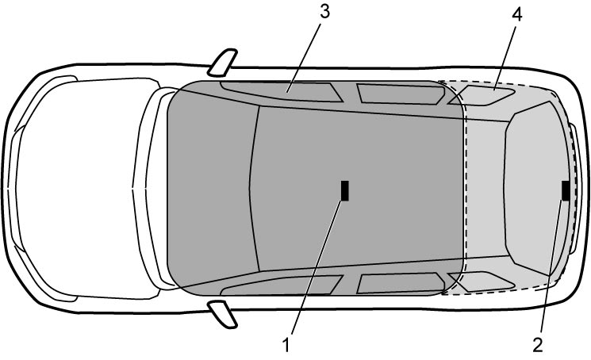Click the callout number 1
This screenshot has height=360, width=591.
pyautogui.click(x=286, y=345)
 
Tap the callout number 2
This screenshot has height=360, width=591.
pyautogui.click(x=538, y=345)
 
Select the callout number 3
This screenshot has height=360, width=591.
pyautogui.click(x=324, y=12)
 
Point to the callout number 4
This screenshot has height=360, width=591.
pyautogui.click(x=516, y=14)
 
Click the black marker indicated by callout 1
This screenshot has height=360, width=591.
pyautogui.click(x=345, y=190)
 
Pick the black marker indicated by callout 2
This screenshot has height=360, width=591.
pyautogui.click(x=566, y=190)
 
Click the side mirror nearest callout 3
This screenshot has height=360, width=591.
pyautogui.click(x=222, y=62)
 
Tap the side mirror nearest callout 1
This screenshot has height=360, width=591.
pyautogui.click(x=222, y=314)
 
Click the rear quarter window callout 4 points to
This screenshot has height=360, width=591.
pyautogui.click(x=482, y=96)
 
